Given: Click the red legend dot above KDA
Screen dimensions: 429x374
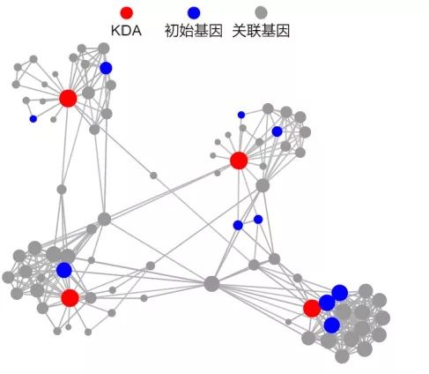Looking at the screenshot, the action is (127, 13).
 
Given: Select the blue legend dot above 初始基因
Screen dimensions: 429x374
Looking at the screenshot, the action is (194, 13).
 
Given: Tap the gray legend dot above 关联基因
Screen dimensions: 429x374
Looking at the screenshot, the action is (261, 13).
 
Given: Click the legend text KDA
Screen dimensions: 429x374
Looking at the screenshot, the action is (126, 31).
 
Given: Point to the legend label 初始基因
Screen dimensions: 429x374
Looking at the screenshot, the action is (194, 31).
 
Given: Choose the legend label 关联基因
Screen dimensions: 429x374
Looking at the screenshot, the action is (261, 31).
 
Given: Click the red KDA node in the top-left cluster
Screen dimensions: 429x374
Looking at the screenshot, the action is (68, 98).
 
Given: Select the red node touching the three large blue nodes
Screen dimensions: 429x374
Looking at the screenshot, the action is (312, 309).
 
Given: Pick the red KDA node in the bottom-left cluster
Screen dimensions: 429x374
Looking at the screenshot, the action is (70, 298).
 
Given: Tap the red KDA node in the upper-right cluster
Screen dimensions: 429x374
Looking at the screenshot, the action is (239, 161).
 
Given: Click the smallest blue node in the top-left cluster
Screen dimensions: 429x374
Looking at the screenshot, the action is (33, 119).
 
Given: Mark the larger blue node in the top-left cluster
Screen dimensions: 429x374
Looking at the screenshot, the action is (106, 68).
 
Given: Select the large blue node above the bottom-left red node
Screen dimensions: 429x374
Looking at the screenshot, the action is (64, 270).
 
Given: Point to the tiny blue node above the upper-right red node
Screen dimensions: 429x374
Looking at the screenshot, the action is (241, 115).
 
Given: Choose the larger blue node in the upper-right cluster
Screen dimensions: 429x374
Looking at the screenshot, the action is (277, 131).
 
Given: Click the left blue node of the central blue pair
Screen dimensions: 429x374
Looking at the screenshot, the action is (238, 225).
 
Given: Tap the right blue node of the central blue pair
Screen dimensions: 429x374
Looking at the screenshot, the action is (258, 220).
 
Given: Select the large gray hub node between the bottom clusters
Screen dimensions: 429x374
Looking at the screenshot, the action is (211, 284).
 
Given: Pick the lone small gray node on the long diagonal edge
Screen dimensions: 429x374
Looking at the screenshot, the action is (153, 176).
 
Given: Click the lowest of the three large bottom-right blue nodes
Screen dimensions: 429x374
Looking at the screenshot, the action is (332, 325).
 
